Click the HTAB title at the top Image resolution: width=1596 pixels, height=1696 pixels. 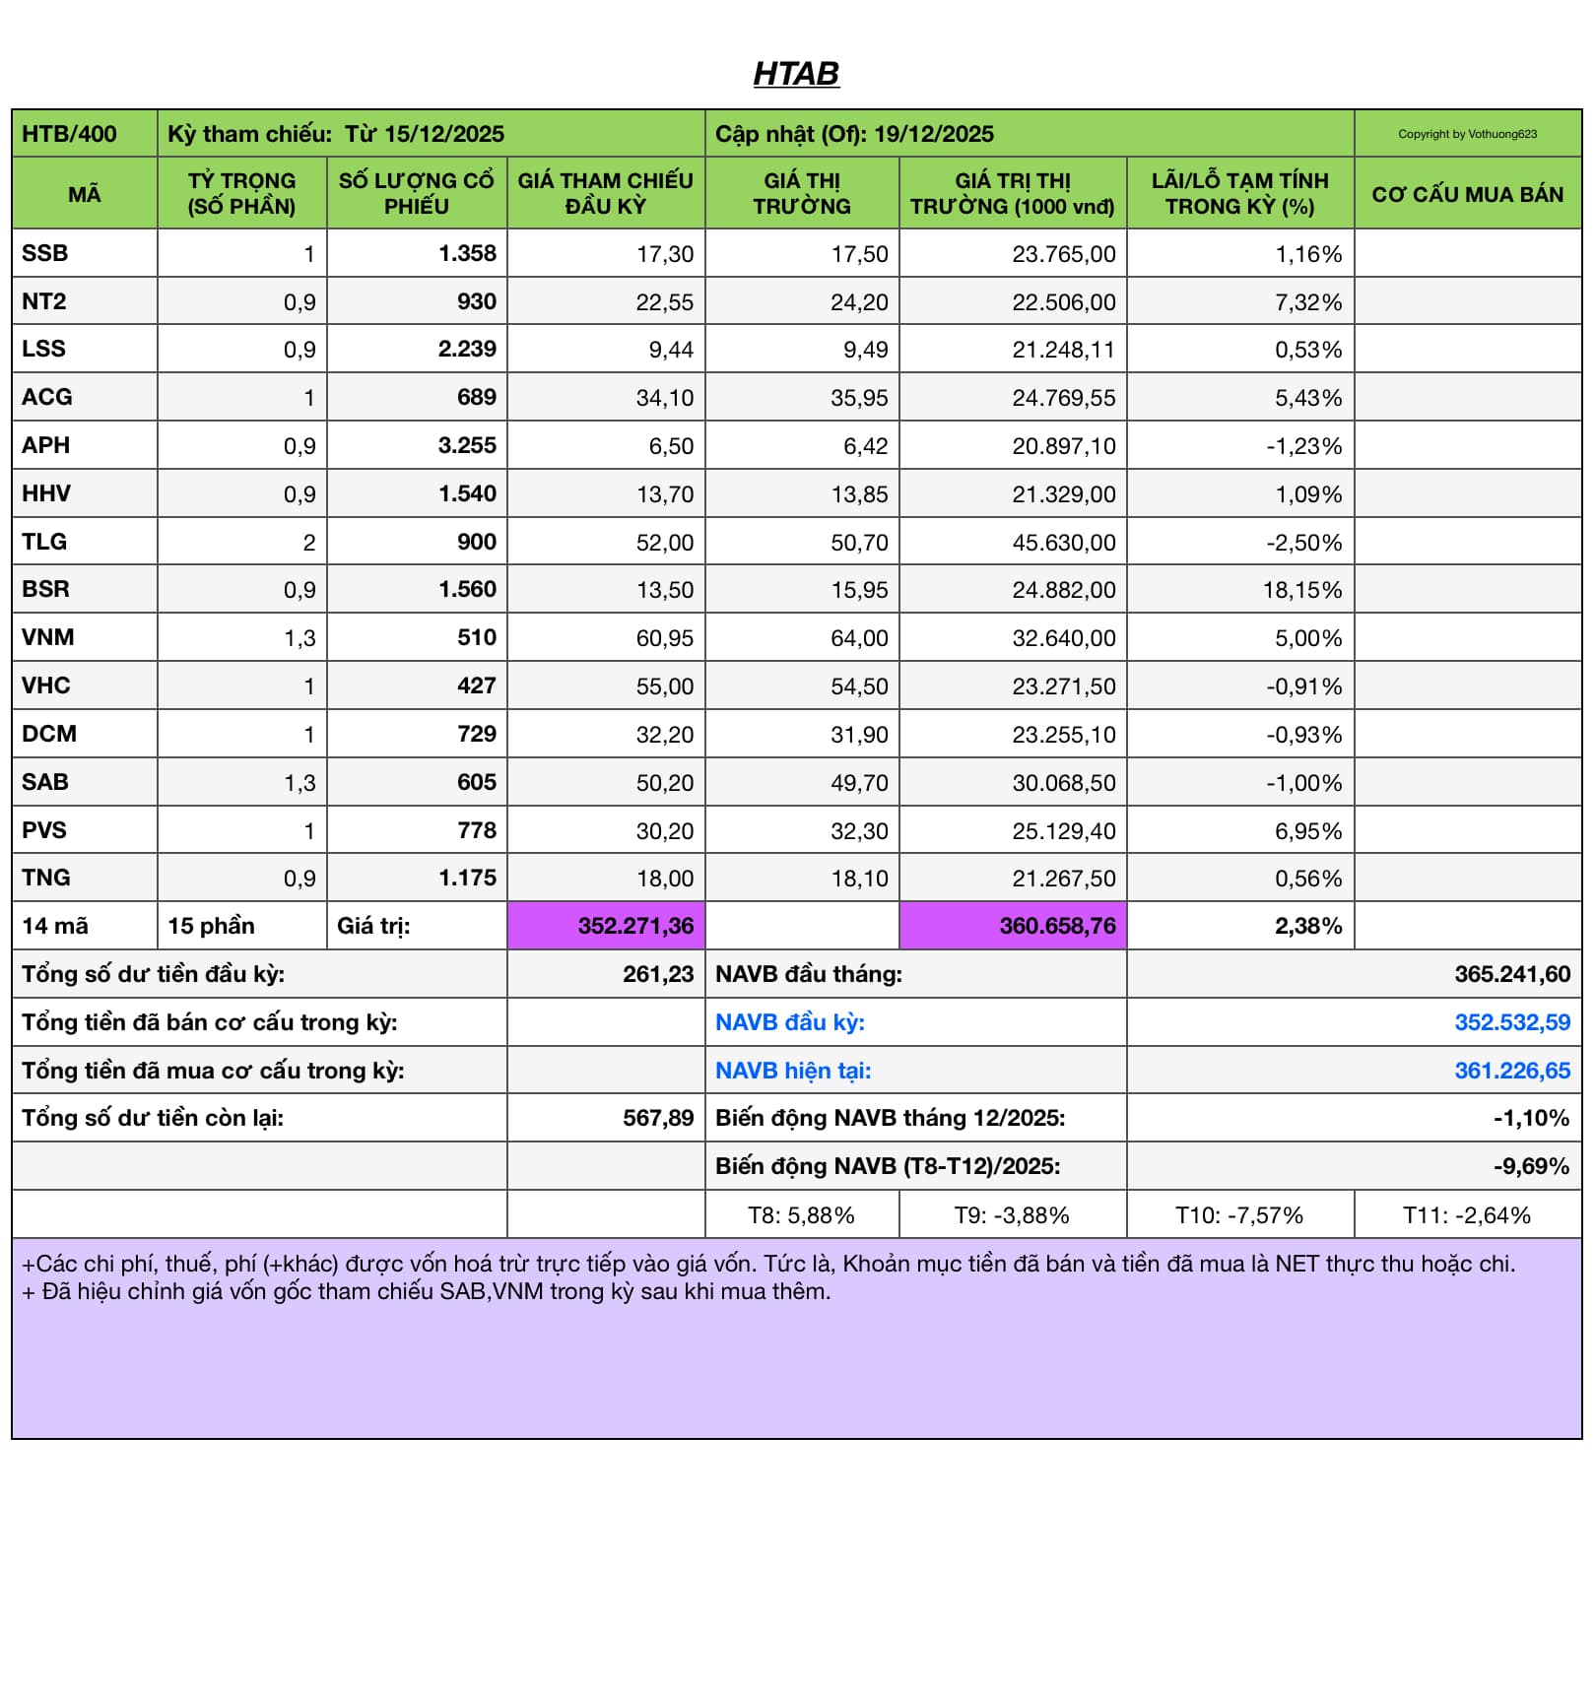(x=796, y=74)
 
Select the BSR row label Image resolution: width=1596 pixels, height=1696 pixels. (x=46, y=589)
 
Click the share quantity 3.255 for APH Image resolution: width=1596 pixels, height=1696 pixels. (x=467, y=445)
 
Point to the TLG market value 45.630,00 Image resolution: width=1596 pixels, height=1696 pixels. (x=1063, y=543)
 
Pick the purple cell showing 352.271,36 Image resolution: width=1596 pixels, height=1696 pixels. (x=635, y=926)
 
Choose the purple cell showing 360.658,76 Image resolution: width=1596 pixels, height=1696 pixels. (x=1057, y=926)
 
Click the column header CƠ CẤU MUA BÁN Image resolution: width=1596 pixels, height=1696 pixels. (x=1467, y=194)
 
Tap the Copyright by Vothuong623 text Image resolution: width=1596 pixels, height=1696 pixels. (x=1467, y=134)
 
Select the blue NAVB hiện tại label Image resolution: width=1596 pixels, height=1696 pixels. (x=793, y=1071)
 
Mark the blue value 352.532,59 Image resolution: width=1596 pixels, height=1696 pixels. (x=1511, y=1022)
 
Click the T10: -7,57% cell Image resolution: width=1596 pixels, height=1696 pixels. (x=1238, y=1215)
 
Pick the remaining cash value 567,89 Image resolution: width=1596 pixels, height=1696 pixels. (x=658, y=1118)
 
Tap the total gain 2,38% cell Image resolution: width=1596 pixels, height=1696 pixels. (x=1307, y=926)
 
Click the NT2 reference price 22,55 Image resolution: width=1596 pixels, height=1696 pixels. (x=664, y=302)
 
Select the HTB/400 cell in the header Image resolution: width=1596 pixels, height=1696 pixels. (x=70, y=134)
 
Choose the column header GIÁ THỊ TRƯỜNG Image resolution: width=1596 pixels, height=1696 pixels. (x=802, y=194)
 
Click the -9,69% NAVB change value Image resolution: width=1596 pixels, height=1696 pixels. (x=1530, y=1166)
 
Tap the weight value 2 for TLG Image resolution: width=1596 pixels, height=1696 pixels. (x=308, y=543)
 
